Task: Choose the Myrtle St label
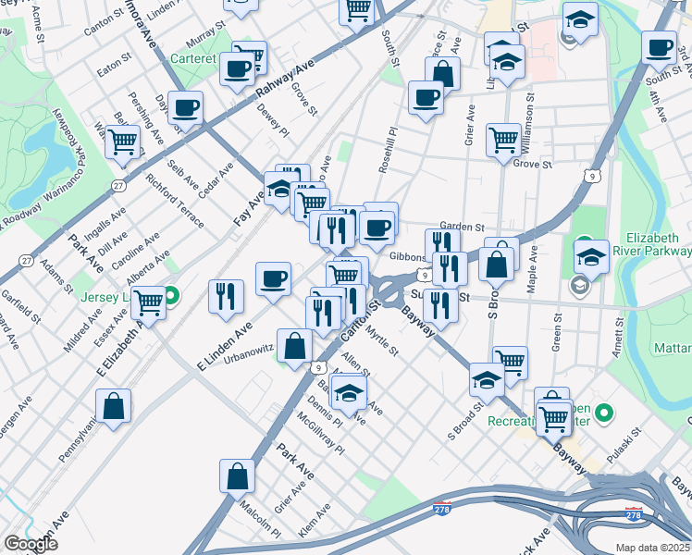(x=380, y=339)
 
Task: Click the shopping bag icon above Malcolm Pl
(x=238, y=475)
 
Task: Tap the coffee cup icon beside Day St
(x=186, y=107)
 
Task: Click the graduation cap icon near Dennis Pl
(x=348, y=393)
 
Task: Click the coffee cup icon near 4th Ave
(x=660, y=46)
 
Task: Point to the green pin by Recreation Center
(x=605, y=412)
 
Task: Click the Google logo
(x=31, y=544)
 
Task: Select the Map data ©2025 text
(x=652, y=548)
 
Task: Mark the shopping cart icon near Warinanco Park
(x=122, y=142)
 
